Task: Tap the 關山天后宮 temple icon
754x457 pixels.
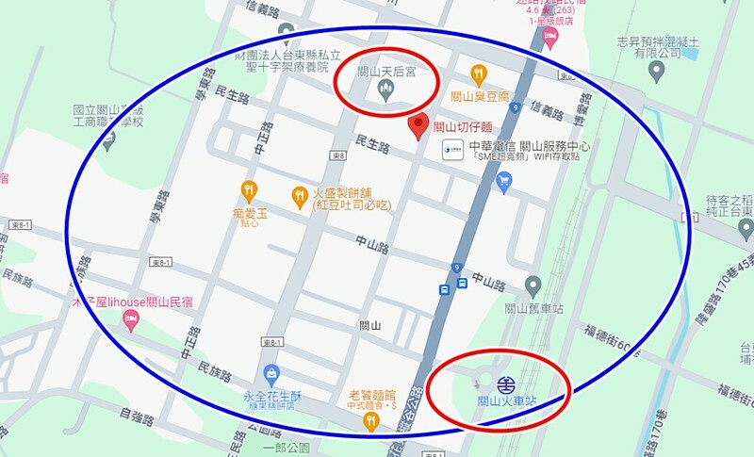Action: [385, 89]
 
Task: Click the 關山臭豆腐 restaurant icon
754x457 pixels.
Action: [479, 73]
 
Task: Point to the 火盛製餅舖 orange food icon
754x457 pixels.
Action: [299, 194]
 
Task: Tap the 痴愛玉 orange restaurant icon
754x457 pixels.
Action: [249, 189]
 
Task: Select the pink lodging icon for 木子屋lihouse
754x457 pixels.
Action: [130, 324]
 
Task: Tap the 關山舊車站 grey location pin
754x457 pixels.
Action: [533, 285]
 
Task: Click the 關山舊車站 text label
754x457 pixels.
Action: [533, 307]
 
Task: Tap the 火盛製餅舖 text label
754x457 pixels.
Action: [346, 192]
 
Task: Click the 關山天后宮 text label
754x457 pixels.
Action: [388, 71]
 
